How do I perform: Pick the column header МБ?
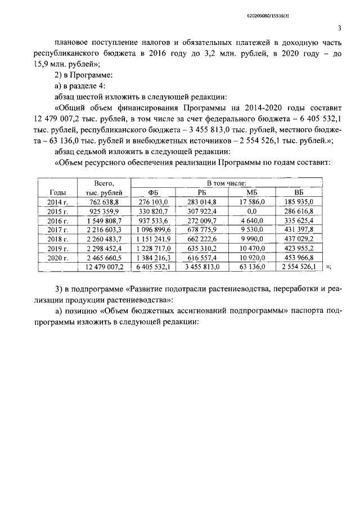tap(251, 193)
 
